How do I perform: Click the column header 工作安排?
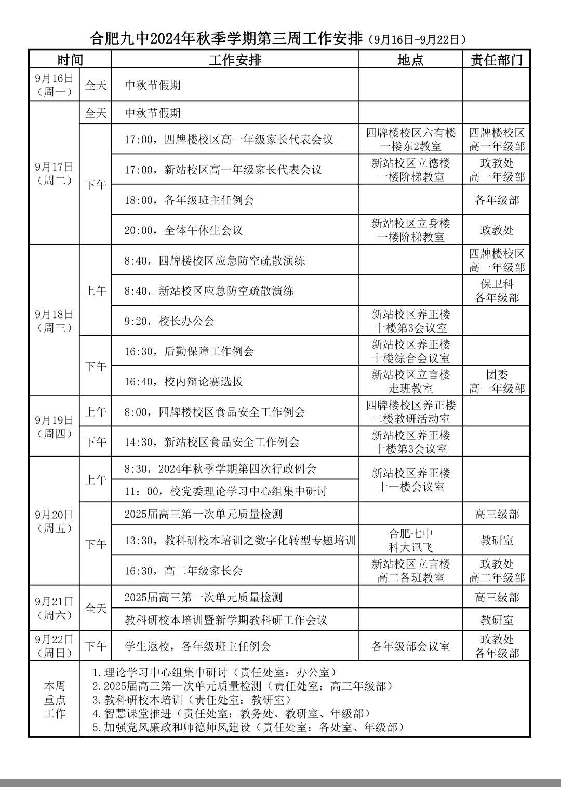point(235,60)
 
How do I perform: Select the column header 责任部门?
point(497,60)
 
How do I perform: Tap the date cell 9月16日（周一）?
point(55,85)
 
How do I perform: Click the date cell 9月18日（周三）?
point(55,321)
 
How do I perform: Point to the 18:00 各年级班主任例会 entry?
point(189,200)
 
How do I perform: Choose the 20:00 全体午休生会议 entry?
point(183,230)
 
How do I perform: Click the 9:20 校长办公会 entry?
point(169,321)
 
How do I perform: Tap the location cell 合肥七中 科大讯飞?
point(410,540)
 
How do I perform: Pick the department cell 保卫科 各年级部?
point(497,291)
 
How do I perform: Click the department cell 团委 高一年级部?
point(497,381)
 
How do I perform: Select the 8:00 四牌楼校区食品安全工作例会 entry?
point(215,412)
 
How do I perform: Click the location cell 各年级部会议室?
point(410,646)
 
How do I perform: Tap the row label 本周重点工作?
point(55,699)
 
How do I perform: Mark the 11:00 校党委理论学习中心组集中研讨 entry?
point(226,491)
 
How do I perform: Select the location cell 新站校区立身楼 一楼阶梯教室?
point(410,230)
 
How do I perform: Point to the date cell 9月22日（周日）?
point(55,646)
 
